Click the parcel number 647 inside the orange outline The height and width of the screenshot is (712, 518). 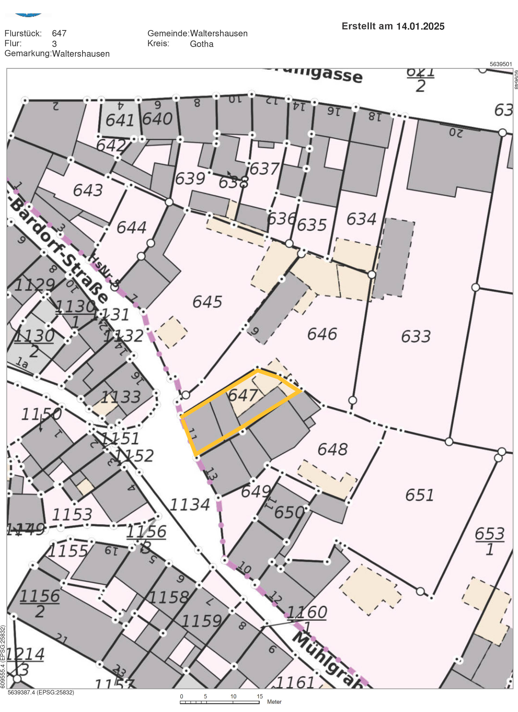coord(243,395)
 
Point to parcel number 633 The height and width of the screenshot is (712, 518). coord(416,336)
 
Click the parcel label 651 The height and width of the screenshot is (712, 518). coord(419,495)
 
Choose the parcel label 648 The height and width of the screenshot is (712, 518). coord(332,449)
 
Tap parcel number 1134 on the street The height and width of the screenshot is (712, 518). coord(190,505)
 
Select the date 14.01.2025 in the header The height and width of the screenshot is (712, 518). coord(420,26)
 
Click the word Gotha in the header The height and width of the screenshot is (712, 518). coord(202,44)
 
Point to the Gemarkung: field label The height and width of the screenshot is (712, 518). coord(28,53)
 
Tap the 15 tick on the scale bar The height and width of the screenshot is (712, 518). coord(259,696)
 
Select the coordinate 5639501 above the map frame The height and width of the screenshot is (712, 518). coord(500,64)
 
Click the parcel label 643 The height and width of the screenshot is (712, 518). coord(88,190)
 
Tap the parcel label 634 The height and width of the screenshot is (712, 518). coord(361,219)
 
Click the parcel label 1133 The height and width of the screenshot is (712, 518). coord(121,397)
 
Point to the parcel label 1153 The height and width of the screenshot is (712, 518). coord(72,515)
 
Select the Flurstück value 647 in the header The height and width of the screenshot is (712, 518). coord(59,33)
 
